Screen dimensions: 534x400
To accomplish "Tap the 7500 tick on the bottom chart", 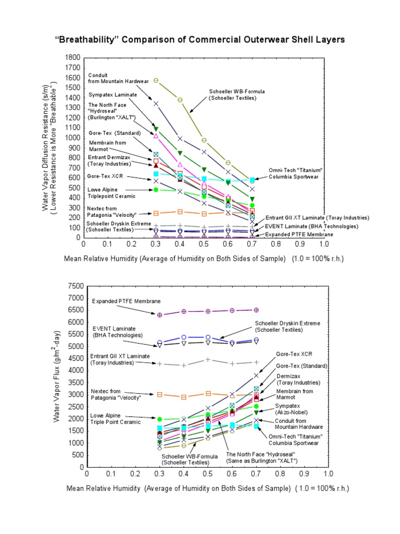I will tap(72, 286).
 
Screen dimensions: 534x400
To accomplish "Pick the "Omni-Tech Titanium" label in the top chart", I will tap(296, 174).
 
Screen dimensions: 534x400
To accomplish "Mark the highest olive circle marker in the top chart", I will tap(156, 81).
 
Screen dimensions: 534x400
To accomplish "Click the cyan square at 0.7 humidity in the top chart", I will tap(252, 180).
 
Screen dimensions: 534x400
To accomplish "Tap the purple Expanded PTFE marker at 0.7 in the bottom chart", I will tap(256, 310).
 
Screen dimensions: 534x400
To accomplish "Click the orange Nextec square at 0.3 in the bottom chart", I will tap(160, 394).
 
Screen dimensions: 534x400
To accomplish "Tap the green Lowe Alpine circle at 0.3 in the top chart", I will tap(156, 190).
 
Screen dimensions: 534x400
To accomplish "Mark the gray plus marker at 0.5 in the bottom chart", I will tap(208, 359).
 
